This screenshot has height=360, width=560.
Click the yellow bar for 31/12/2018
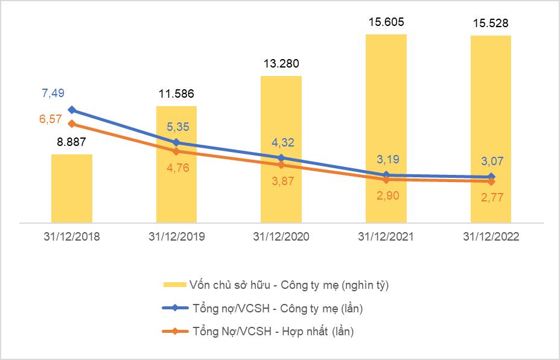[x=72, y=188]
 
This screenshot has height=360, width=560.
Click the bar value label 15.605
[x=386, y=23]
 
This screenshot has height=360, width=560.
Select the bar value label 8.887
[x=72, y=143]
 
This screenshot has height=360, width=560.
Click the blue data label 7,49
[x=52, y=93]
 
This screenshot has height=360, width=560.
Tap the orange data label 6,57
[x=51, y=119]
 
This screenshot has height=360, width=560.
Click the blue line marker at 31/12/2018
[x=72, y=110]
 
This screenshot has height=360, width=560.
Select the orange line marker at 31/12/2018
[x=72, y=124]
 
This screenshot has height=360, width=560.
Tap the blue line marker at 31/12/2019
[x=176, y=143]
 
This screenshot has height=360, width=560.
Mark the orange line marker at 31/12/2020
[x=281, y=165]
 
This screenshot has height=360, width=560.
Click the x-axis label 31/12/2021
[x=386, y=237]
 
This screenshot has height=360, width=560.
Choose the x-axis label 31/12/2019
[x=176, y=237]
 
